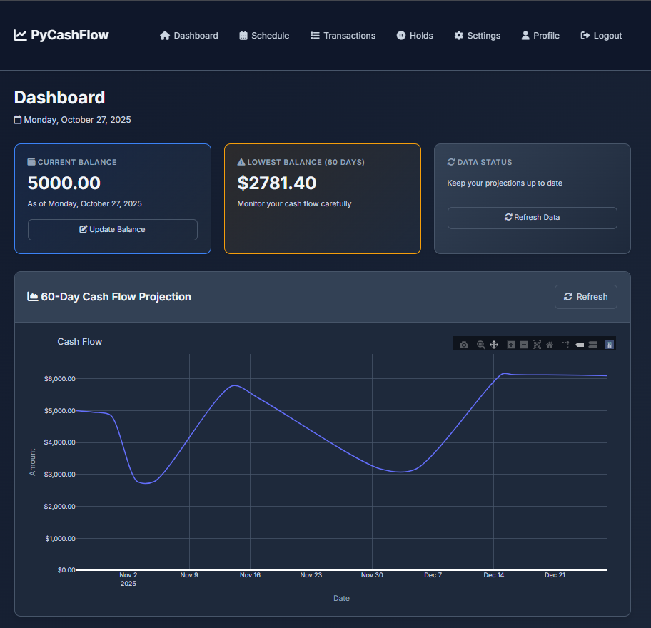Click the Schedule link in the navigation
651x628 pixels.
tap(264, 36)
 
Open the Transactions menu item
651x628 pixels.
tap(343, 36)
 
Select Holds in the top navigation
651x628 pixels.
tap(415, 36)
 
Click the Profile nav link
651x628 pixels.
tap(540, 36)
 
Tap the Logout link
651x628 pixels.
tap(601, 36)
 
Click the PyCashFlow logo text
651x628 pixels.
tap(69, 35)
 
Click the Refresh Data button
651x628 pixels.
tap(532, 218)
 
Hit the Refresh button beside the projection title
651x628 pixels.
tap(585, 297)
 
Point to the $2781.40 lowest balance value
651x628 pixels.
tap(277, 183)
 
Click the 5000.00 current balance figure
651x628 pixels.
tap(64, 183)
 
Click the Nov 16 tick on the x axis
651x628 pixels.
tap(250, 575)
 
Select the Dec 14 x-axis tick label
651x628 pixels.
tap(494, 575)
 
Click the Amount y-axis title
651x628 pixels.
tap(32, 462)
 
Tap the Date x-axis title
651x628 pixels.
tap(341, 598)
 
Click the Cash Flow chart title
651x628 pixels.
tap(80, 342)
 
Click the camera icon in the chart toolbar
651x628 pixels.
tap(464, 345)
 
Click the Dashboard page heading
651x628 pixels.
tap(60, 98)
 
